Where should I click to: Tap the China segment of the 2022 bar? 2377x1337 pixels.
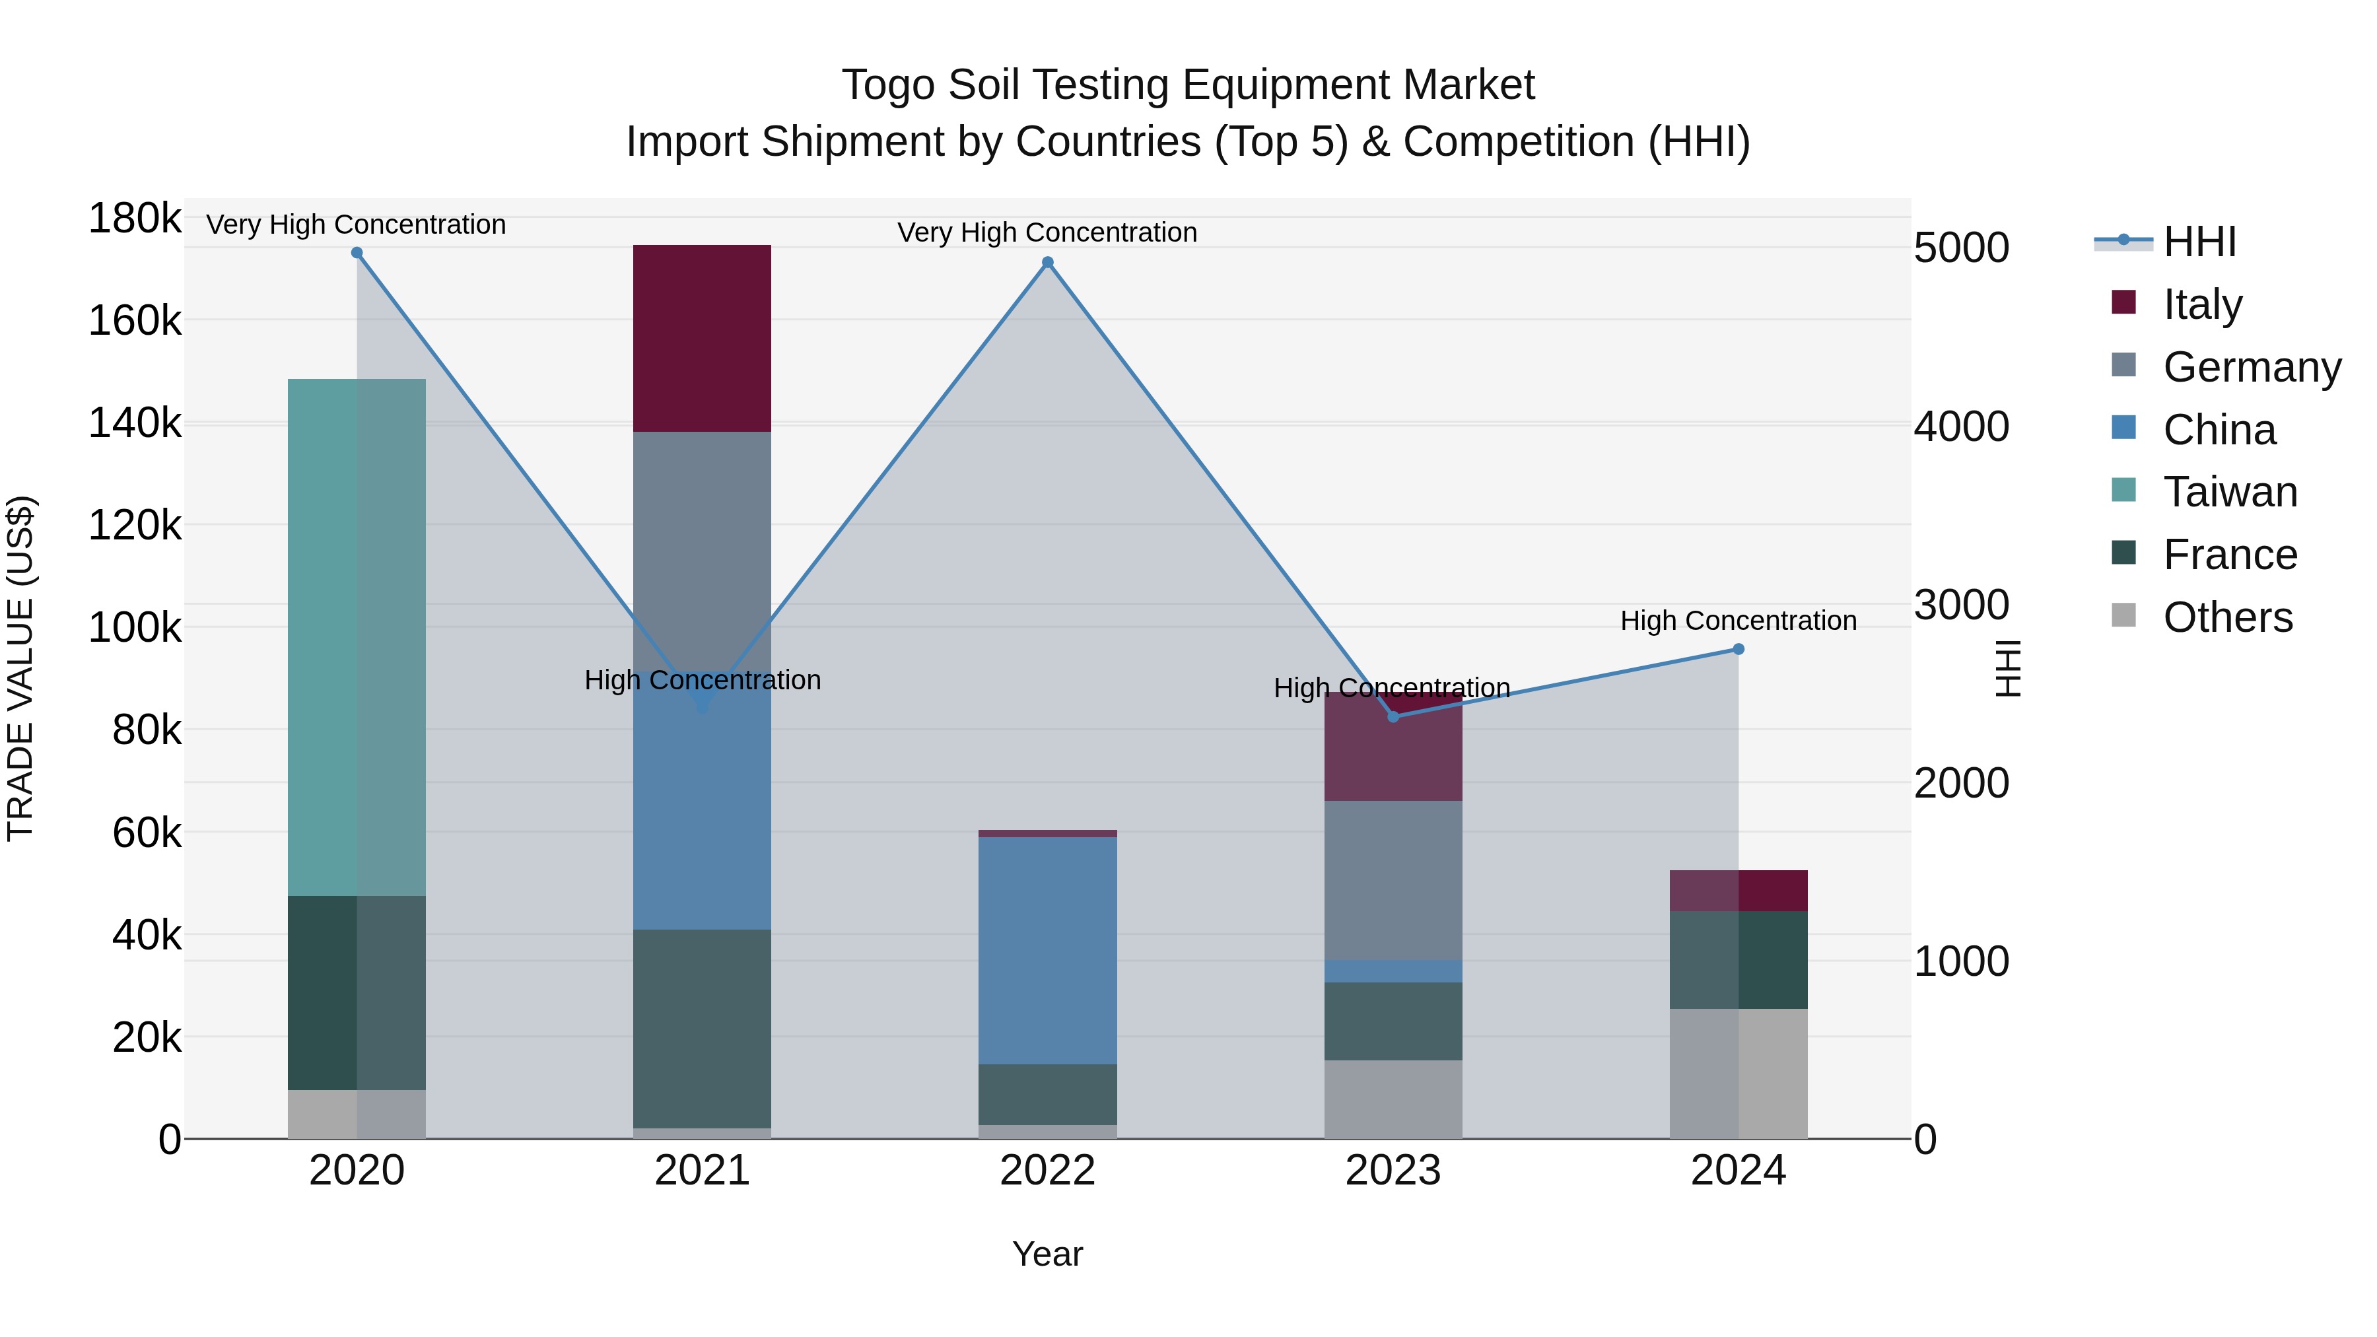[x=1047, y=950]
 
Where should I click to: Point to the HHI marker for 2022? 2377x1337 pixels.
[x=1047, y=262]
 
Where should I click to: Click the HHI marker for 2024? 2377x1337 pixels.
[x=1738, y=648]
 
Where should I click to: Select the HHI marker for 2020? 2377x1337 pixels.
[x=357, y=253]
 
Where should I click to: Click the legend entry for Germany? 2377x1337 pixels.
[x=2252, y=366]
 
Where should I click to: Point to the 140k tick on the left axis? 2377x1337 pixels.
[x=135, y=423]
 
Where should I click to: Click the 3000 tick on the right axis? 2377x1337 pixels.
[x=1961, y=605]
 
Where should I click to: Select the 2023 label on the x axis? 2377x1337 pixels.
[x=1393, y=1171]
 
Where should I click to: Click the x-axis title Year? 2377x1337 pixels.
[x=1047, y=1254]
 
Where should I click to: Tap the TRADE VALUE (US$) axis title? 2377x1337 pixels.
[x=20, y=668]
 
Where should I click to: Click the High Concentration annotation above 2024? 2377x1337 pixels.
[x=1738, y=621]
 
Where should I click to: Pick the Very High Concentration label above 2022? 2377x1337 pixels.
[x=1047, y=232]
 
